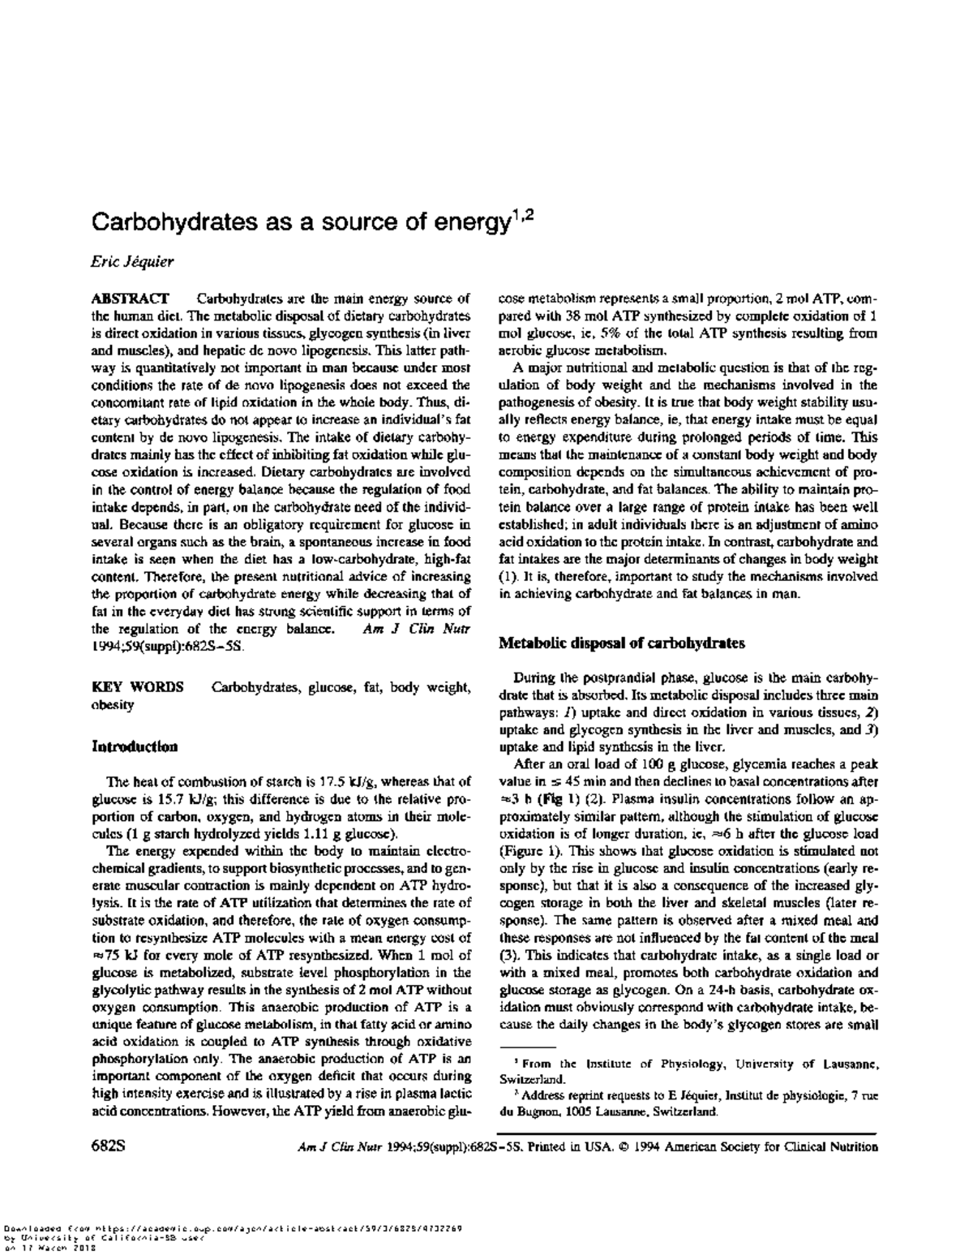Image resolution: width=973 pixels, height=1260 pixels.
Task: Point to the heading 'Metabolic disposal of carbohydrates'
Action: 621,643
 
